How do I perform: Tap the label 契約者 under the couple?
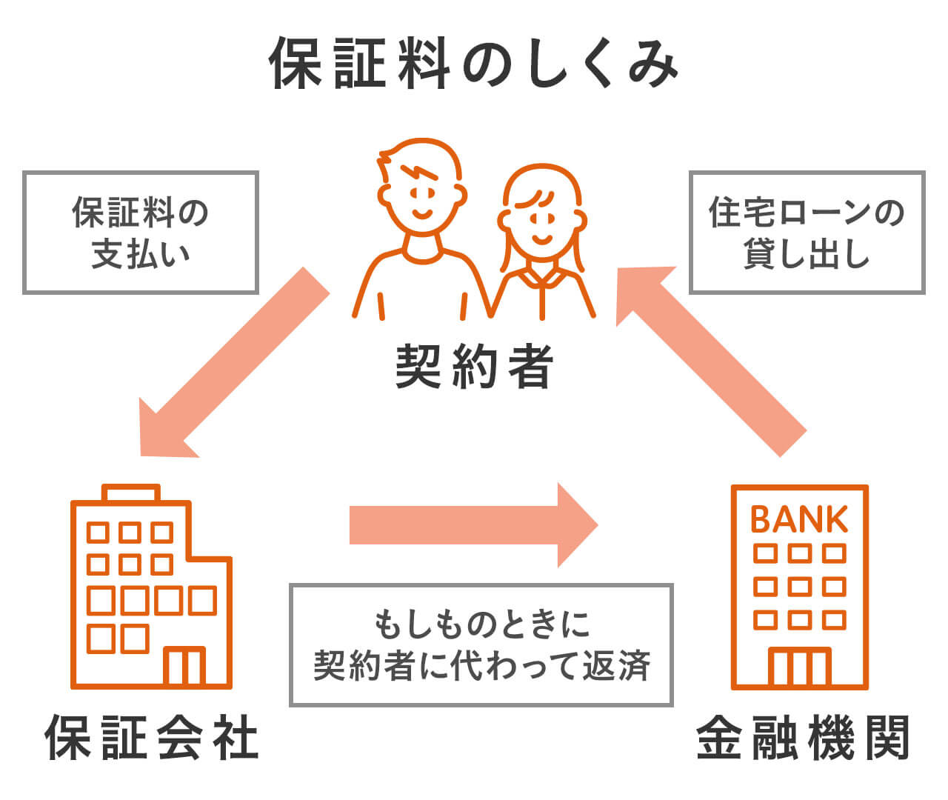pyautogui.click(x=474, y=366)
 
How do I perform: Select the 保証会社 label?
pyautogui.click(x=152, y=737)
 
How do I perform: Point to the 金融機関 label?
pyautogui.click(x=803, y=737)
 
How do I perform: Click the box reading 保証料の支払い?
pyautogui.click(x=141, y=233)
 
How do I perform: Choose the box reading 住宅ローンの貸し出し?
pyautogui.click(x=807, y=233)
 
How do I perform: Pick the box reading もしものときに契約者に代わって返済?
pyautogui.click(x=481, y=644)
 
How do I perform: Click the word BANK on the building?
pyautogui.click(x=799, y=520)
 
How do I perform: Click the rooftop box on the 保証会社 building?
pyautogui.click(x=131, y=493)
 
